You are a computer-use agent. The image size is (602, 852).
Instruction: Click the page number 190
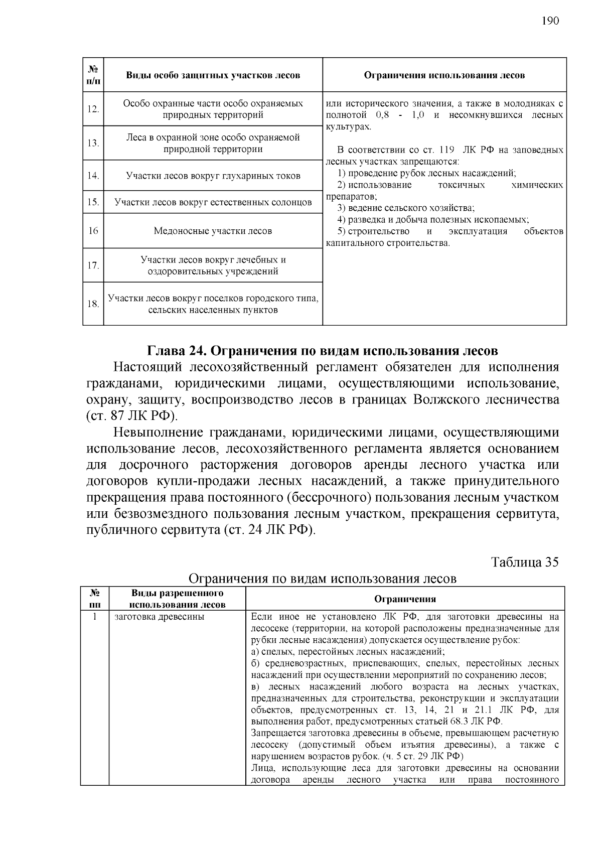tap(550, 21)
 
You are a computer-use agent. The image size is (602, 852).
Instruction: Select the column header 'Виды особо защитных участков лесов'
tap(213, 75)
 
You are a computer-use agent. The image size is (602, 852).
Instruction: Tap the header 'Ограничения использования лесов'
tap(444, 75)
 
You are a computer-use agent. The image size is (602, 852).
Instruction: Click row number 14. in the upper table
tap(93, 176)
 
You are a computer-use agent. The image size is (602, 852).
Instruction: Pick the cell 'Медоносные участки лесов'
tap(213, 231)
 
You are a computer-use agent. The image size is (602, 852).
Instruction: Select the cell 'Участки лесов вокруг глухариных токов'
tap(213, 176)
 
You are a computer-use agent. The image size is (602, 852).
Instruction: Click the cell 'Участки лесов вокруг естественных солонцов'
tap(213, 203)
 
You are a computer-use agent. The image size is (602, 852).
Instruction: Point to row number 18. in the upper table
tap(93, 304)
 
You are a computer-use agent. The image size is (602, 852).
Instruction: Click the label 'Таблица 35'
tap(524, 561)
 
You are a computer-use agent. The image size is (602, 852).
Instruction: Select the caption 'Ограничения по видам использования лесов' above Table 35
tap(322, 579)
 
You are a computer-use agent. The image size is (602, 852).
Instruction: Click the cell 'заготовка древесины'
tap(160, 617)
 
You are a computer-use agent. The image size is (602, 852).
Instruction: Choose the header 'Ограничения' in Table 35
tap(405, 599)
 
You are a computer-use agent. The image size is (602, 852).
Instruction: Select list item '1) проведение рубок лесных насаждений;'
tap(426, 174)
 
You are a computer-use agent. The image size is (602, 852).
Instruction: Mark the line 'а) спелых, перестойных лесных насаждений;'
tap(348, 652)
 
